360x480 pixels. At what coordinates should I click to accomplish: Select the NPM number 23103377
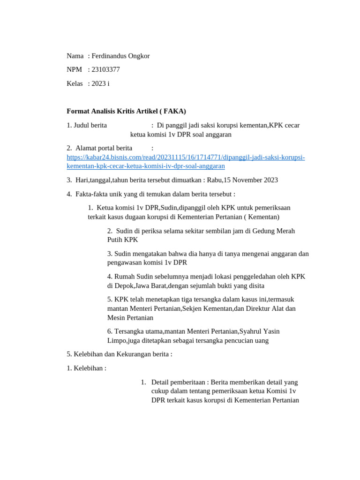coord(105,69)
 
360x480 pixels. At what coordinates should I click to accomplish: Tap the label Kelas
coord(75,83)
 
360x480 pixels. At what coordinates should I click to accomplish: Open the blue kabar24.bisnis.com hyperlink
coord(186,157)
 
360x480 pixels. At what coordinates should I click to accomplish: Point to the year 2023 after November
coord(270,180)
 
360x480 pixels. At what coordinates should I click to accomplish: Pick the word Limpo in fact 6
coord(117,340)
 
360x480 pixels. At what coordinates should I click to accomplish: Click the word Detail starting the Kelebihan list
coord(161,382)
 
